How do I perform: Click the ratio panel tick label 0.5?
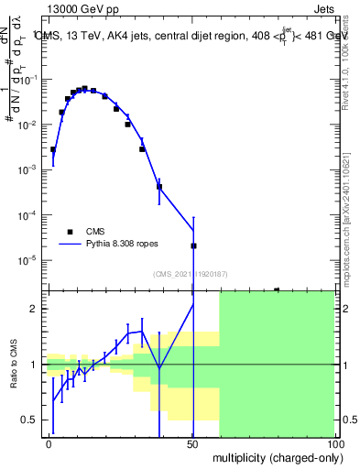pos(31,420)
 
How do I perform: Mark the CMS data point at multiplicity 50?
pos(193,245)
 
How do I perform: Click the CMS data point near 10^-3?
pos(142,149)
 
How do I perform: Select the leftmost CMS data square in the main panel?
pos(53,149)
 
